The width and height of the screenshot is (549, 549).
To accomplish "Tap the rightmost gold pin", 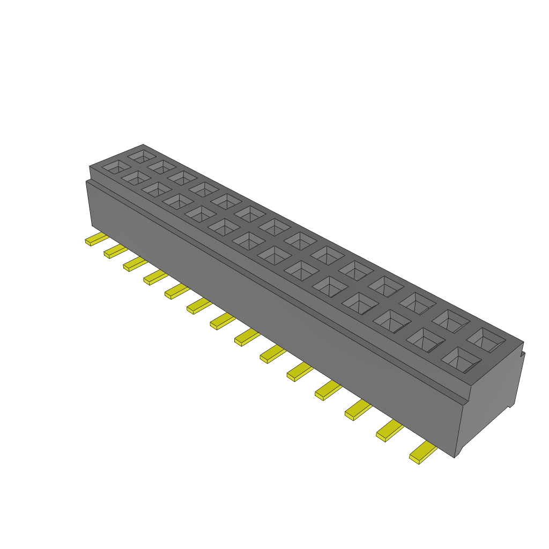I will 423,454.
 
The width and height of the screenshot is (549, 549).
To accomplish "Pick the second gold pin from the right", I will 390,431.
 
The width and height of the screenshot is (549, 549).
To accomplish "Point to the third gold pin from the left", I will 135,264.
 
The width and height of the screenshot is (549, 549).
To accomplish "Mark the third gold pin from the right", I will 358,410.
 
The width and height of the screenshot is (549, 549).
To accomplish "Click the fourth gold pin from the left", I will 155,277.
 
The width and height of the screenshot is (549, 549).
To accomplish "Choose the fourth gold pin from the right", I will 328,391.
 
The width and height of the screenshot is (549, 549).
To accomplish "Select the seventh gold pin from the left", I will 222,321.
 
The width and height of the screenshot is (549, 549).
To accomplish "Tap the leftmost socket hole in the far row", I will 143,156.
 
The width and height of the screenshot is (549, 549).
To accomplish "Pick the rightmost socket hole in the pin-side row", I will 461,360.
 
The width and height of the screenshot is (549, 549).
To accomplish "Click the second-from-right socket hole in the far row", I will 451,321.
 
